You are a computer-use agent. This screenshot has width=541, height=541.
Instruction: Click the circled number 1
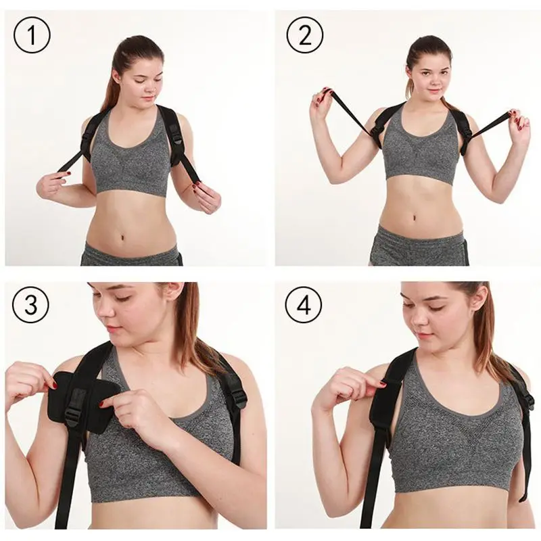point(32,36)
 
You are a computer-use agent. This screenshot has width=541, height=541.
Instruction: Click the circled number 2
point(305,35)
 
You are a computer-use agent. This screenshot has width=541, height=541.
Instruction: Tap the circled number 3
point(30,305)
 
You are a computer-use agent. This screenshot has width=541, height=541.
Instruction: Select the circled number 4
point(304,305)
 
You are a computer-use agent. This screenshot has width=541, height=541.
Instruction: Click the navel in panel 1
point(123,238)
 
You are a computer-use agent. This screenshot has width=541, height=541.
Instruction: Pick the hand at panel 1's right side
point(205,198)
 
